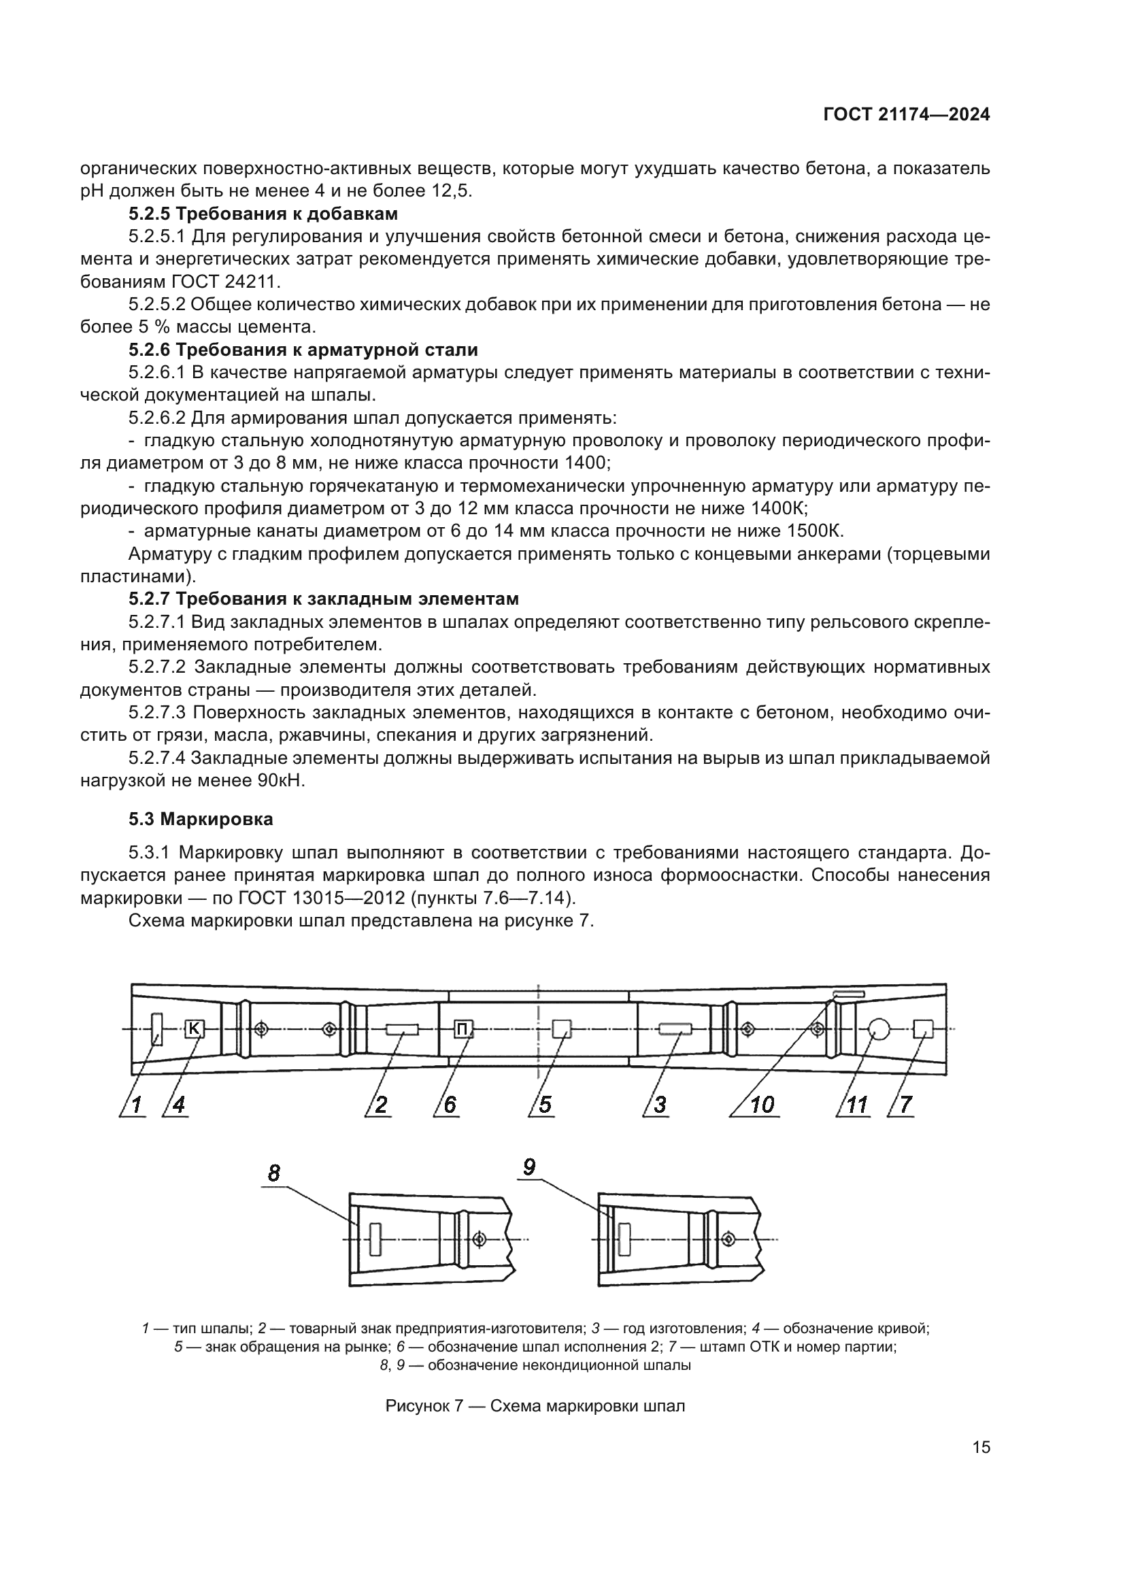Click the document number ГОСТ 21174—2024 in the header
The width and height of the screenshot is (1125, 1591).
click(906, 115)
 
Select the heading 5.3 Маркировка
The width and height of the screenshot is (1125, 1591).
click(201, 819)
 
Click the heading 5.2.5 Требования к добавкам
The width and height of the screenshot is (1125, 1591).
click(263, 214)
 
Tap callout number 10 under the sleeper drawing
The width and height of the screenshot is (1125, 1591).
click(762, 1104)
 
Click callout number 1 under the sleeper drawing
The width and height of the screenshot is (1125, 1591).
click(137, 1104)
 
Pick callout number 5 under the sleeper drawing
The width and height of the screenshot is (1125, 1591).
click(545, 1104)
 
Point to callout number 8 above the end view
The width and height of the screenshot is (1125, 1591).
click(274, 1173)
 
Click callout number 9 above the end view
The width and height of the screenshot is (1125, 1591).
click(528, 1167)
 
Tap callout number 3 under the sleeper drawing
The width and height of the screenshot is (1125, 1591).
click(660, 1104)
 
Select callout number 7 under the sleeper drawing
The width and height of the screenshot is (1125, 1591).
click(906, 1104)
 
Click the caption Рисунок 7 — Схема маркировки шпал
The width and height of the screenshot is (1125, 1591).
click(535, 1406)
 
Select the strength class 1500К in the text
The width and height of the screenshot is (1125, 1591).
click(816, 531)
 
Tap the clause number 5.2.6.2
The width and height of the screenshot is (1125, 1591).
click(156, 418)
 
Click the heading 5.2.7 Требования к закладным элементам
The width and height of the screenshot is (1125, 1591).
click(324, 599)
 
